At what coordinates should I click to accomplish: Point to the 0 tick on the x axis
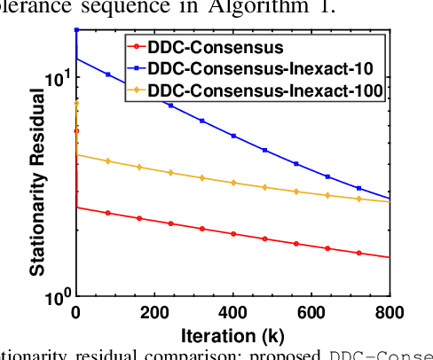click(x=76, y=312)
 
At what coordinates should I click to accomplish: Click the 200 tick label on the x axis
click(x=154, y=312)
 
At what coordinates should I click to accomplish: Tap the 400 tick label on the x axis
click(x=233, y=312)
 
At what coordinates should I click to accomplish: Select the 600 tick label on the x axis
click(x=311, y=312)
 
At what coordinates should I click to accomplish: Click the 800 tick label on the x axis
click(x=389, y=312)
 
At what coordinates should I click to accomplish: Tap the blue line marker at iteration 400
click(x=233, y=136)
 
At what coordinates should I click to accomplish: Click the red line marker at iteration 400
click(x=233, y=234)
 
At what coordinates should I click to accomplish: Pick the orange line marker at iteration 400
click(x=233, y=183)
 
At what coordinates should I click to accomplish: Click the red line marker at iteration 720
click(x=358, y=253)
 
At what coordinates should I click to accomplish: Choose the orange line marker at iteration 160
click(x=139, y=167)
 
